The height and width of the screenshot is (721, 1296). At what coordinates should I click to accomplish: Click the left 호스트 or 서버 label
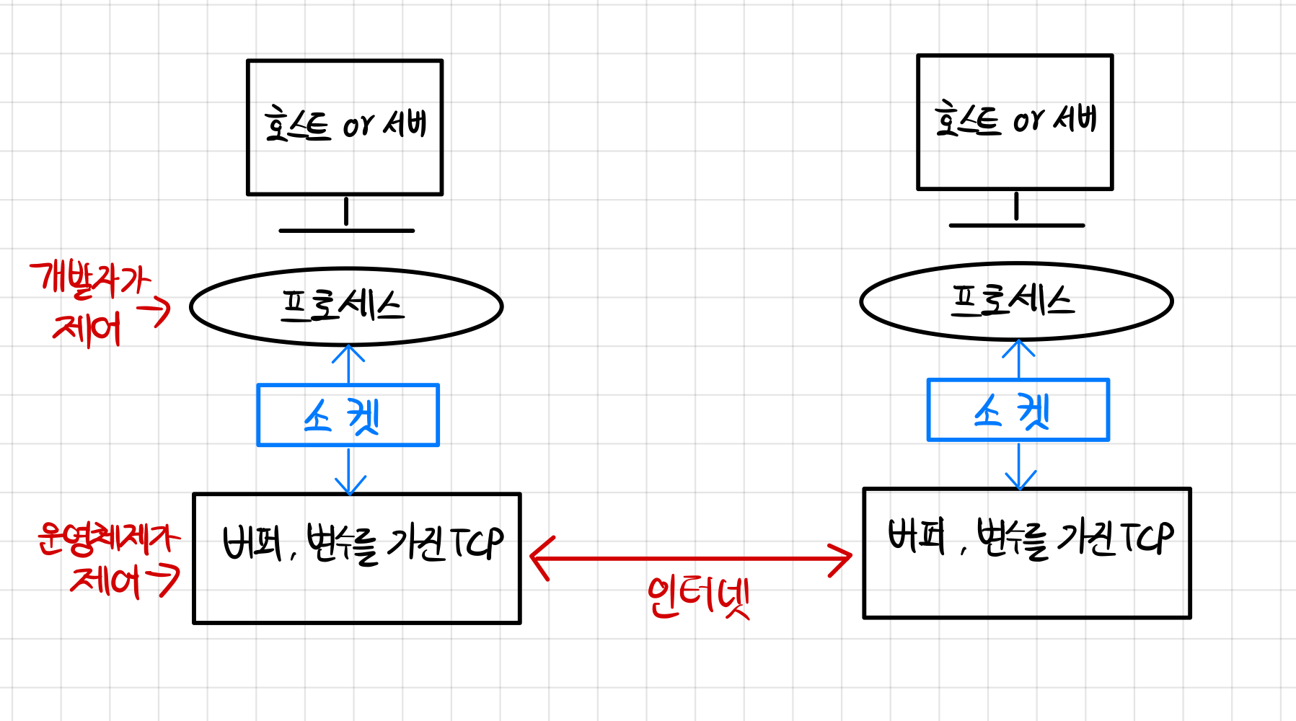point(345,125)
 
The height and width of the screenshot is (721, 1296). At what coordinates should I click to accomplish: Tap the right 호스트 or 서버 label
point(1015,120)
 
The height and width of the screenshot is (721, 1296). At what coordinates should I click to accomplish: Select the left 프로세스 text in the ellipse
point(343,306)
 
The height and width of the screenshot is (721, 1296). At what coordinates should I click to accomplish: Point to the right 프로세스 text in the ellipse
point(1013,300)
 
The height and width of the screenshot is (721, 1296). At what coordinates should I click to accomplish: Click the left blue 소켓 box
point(348,415)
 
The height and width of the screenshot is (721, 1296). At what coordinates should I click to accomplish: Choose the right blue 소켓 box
point(1018,410)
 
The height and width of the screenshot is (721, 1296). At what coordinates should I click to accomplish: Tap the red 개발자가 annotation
point(90,278)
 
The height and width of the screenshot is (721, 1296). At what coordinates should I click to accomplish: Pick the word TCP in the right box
point(1147,538)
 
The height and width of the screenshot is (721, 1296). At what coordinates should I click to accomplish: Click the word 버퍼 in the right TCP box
point(916,537)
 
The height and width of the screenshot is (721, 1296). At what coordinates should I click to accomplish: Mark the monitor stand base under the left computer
point(346,231)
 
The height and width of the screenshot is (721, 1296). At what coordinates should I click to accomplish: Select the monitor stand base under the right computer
point(1016,226)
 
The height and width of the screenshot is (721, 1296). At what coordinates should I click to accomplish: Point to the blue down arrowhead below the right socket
point(1019,482)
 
